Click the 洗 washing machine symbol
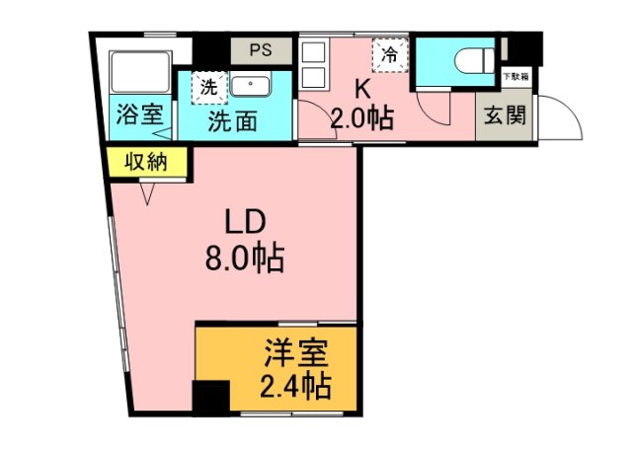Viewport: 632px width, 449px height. pyautogui.click(x=208, y=86)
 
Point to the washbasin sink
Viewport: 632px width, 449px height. pyautogui.click(x=256, y=85)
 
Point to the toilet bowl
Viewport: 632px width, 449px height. pyautogui.click(x=468, y=58)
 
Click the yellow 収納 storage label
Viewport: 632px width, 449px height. pyautogui.click(x=146, y=161)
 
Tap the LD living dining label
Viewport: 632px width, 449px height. pyautogui.click(x=244, y=222)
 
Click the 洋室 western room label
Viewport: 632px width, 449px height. pyautogui.click(x=295, y=352)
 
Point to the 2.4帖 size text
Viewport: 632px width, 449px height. pyautogui.click(x=295, y=384)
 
